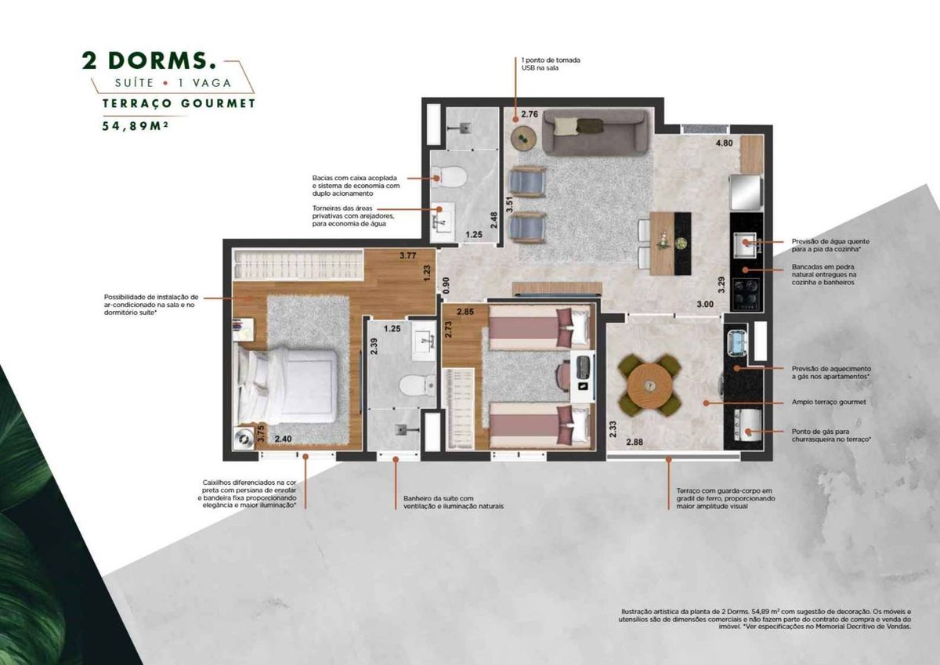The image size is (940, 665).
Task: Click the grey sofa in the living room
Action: tap(597, 132)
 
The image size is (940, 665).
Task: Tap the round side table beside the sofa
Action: tap(523, 138)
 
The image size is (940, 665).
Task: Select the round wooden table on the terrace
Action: tap(649, 385)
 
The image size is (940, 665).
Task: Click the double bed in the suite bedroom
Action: tap(288, 385)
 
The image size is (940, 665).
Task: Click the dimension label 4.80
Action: tap(724, 143)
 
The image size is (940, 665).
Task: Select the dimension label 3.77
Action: tap(407, 255)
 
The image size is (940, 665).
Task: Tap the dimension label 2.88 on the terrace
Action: tap(634, 442)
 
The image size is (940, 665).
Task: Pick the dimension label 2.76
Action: tap(530, 114)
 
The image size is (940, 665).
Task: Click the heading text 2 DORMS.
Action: tap(149, 60)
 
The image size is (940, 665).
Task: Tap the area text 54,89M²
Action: tap(135, 126)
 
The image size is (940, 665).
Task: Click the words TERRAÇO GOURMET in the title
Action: tap(179, 103)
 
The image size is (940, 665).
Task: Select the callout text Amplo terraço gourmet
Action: tap(829, 402)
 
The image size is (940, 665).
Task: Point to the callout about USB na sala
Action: tap(551, 63)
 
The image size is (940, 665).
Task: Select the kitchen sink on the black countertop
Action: tap(745, 244)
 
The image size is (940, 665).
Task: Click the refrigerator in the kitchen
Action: tap(746, 192)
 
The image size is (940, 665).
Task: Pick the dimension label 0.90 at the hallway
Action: tap(446, 285)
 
